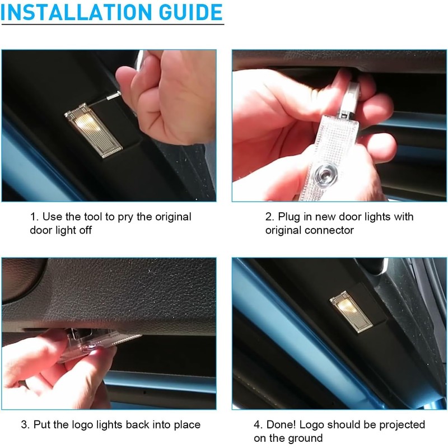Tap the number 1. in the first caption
34,217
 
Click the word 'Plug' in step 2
289,217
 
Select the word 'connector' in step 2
330,230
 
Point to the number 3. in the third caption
25,425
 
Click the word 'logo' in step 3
78,425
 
